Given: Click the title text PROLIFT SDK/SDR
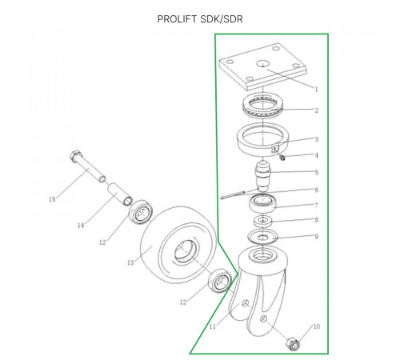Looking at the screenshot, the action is pos(200,19).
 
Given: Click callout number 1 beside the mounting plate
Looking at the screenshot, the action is pos(317,89).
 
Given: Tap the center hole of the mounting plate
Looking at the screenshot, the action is pos(262,64).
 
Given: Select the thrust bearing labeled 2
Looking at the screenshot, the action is pos(262,105).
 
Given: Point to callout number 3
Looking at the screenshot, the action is pos(317,139).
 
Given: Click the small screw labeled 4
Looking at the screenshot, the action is pos(282,158).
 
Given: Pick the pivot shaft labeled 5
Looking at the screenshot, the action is pos(263,176).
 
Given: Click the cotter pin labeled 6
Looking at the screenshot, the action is pos(234,194).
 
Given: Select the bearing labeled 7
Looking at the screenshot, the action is pos(263,203).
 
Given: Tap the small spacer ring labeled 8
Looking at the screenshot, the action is pos(263,222).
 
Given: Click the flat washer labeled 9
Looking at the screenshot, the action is pos(263,237).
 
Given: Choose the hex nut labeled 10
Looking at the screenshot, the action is pos(293,344).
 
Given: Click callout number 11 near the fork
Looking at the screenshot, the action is pos(212,326).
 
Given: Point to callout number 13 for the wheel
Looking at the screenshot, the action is pos(130,262).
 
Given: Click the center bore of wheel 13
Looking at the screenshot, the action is pos(186,250).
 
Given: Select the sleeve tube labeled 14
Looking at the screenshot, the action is pos(120,194).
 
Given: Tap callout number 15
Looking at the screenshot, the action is pos(52,199).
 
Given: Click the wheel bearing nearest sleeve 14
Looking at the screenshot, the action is pos(141,212).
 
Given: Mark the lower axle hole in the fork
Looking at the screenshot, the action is pos(264,318).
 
